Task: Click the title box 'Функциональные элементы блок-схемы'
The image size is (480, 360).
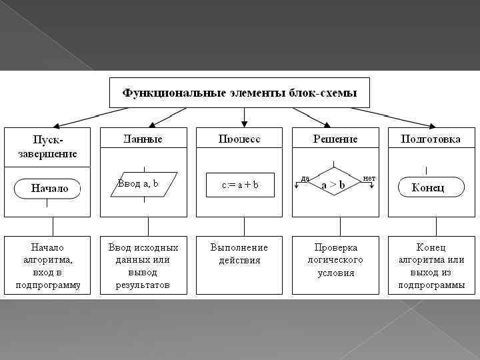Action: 239,92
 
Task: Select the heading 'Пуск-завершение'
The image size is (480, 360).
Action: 47,147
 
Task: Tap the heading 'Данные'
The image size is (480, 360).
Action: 143,139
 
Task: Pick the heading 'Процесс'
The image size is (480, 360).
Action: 239,139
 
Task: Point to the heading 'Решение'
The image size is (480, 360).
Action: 335,139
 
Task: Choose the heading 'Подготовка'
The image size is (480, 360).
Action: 431,139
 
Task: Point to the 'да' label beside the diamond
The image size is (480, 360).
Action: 305,178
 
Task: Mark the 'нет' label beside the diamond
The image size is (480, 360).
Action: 369,178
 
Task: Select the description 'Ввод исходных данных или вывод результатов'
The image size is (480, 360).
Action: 143,265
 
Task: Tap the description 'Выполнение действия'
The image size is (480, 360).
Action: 239,254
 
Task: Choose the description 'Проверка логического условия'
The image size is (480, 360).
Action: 335,260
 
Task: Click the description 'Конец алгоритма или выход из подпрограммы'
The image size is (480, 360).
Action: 431,265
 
